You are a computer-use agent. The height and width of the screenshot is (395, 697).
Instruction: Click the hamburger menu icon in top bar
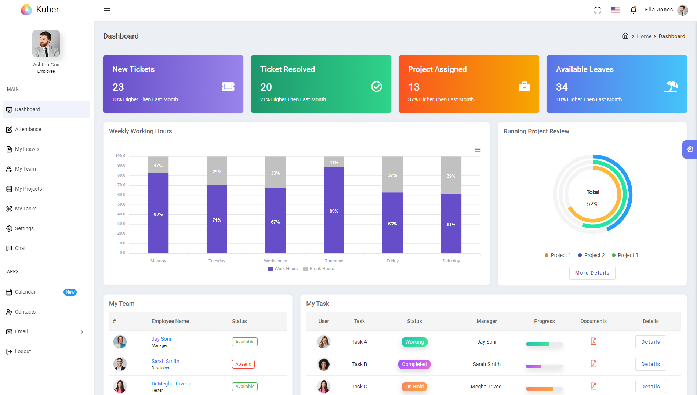107,10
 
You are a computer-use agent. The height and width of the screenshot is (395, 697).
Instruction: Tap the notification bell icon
633,10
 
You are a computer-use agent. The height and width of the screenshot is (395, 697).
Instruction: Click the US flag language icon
616,10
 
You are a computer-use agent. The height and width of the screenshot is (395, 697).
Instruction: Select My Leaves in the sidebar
27,149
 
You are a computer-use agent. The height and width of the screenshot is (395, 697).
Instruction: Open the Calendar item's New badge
70,292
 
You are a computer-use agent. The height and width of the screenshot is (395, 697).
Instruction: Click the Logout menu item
23,351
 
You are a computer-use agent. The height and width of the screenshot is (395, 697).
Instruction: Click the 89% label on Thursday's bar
334,211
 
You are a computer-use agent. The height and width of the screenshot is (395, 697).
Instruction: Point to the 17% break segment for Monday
158,166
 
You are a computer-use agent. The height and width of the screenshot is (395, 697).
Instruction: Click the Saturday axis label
451,261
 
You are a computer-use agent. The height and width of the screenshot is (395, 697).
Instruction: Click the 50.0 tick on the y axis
121,204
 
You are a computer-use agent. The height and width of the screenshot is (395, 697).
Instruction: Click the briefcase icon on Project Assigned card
524,87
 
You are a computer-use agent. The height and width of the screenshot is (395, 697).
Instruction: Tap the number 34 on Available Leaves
562,87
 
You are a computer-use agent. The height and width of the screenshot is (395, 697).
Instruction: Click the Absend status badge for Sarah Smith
243,364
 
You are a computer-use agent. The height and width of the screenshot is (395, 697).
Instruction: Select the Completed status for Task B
414,364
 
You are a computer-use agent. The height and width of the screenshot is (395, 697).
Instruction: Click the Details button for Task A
650,342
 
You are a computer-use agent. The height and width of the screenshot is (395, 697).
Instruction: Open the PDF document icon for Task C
593,386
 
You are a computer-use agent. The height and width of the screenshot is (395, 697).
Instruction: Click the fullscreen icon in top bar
597,10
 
